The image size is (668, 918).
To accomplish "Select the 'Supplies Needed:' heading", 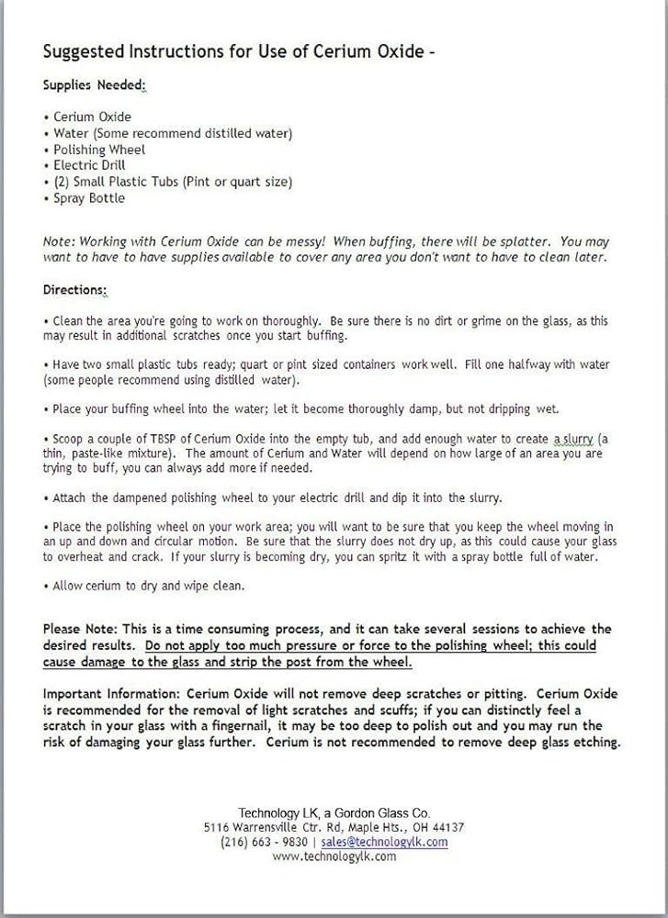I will coord(94,85).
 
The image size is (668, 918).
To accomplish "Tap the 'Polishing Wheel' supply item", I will coord(99,150).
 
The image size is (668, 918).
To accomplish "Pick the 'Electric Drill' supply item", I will coord(89,165).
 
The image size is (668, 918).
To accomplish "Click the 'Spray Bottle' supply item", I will coord(89,198).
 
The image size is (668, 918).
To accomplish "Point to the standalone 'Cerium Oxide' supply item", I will coord(92,117).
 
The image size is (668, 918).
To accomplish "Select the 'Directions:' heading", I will coord(74,290).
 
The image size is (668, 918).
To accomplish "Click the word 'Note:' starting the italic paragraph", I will coord(58,241).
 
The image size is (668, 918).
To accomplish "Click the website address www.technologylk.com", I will coord(334,856).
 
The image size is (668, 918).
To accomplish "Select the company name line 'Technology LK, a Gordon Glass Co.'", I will coord(334,812).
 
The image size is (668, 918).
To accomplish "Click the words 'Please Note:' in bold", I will coord(81,629).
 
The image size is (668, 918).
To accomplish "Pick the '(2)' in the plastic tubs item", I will coord(62,182).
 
